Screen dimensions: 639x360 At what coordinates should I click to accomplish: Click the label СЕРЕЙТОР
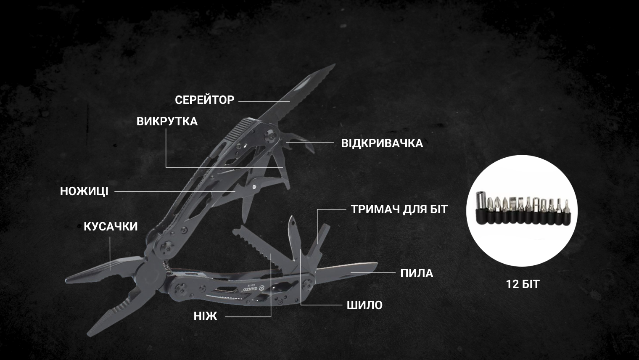coord(205,100)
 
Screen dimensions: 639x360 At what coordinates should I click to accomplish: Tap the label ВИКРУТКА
coord(167,122)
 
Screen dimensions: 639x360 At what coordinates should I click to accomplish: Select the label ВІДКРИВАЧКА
coord(382,143)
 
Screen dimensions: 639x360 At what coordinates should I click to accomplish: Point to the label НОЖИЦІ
coord(84,191)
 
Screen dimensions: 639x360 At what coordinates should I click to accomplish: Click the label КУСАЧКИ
coord(111,226)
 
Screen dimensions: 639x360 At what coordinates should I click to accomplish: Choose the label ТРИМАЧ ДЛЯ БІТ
coord(399,209)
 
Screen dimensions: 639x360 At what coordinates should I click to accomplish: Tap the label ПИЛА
coord(417,273)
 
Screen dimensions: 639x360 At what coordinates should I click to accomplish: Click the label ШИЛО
coord(364,305)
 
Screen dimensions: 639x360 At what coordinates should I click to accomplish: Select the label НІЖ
coord(206,316)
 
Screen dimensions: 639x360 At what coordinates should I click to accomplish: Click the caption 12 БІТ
coord(523,284)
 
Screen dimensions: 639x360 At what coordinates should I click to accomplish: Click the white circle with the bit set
coord(522,211)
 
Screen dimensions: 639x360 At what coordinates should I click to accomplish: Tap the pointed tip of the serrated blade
coord(335,64)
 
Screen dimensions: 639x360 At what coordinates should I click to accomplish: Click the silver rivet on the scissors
coord(254,187)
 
